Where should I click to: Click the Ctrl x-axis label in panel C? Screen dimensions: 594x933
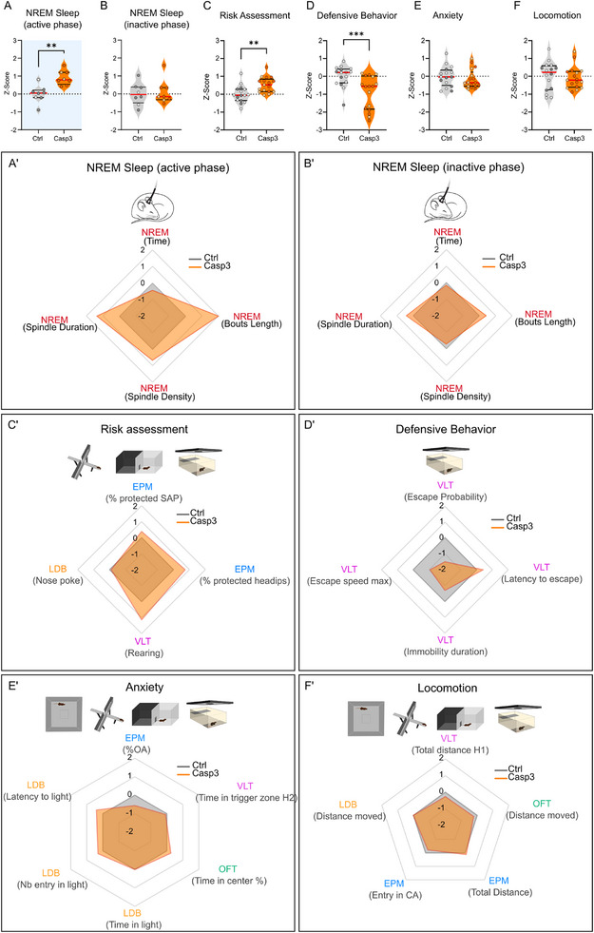coord(240,139)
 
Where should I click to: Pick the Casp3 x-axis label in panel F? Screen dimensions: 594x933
coord(574,139)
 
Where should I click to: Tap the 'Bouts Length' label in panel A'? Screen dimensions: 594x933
coord(251,324)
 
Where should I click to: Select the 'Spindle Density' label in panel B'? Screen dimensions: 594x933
coord(455,397)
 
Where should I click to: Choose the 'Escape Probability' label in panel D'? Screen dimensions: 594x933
coord(446,496)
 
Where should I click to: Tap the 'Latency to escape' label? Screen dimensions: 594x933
coord(542,578)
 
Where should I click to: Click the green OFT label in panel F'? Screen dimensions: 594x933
coord(542,805)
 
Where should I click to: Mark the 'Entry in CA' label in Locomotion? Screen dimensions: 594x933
coord(394,894)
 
